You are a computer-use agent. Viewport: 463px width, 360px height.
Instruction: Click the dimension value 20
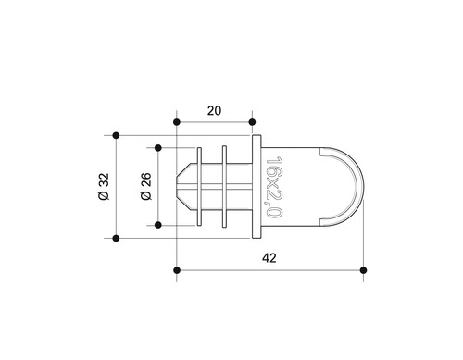click(214, 111)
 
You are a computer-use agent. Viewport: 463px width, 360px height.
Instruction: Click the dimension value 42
click(269, 258)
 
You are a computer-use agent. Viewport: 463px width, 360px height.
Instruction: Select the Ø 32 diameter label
click(105, 187)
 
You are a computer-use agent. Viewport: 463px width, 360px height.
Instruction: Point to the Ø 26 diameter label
click(146, 186)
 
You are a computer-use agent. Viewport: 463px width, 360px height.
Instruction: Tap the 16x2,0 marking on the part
click(273, 187)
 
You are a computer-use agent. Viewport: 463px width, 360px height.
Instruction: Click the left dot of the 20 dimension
click(177, 122)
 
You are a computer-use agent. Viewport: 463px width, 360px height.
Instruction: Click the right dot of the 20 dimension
click(252, 122)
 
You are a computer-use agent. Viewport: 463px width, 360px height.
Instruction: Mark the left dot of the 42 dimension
click(177, 270)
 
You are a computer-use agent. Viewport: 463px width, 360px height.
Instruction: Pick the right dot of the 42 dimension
click(364, 270)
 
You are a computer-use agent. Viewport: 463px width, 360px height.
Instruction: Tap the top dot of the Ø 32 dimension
click(116, 135)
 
